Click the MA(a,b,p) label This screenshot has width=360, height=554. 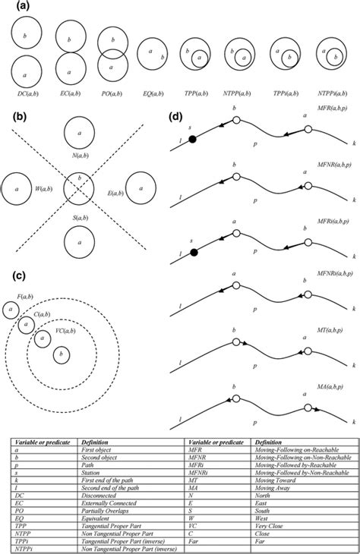(x=336, y=388)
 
